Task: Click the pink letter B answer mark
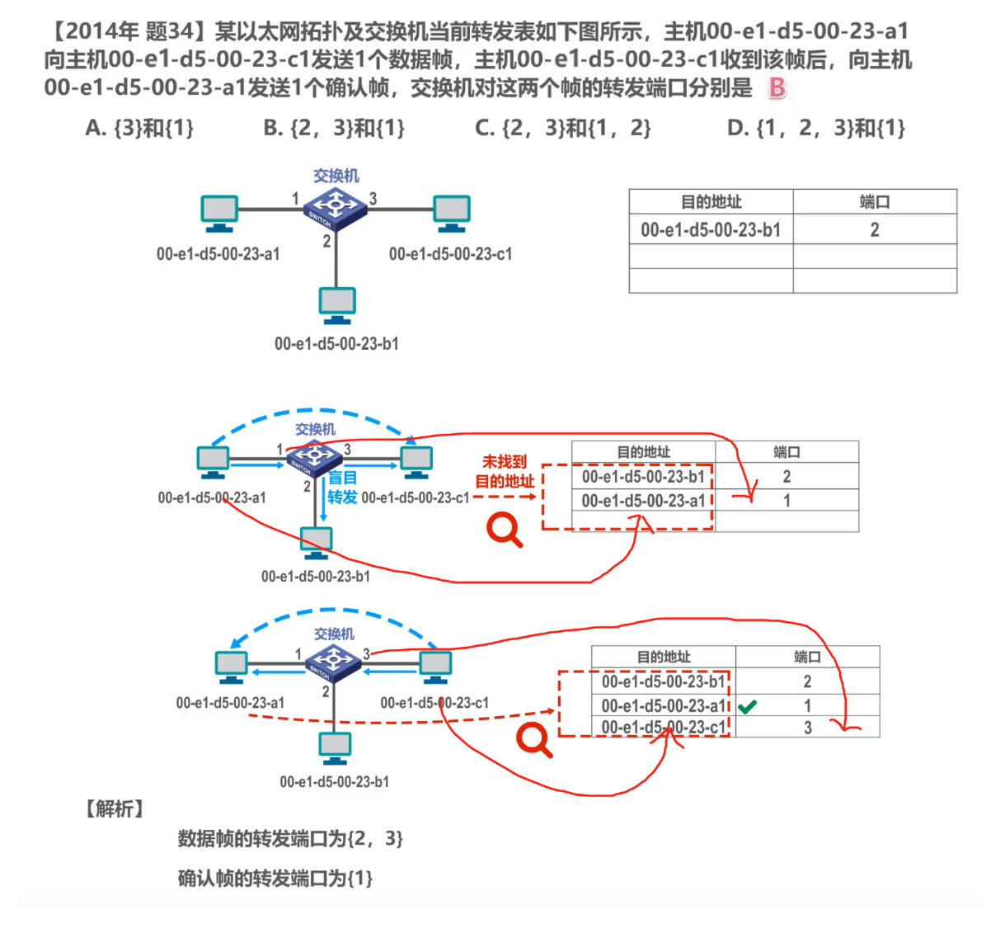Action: (777, 87)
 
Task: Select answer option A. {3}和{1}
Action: (139, 128)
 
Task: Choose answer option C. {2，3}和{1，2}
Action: (563, 128)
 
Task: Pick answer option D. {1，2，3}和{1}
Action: (816, 128)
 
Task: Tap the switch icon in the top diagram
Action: (335, 209)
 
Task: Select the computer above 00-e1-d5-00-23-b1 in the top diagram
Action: (337, 305)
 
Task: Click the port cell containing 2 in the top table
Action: (875, 229)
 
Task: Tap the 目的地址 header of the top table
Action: (711, 201)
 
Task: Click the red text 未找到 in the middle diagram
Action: (504, 461)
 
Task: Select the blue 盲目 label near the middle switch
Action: (342, 478)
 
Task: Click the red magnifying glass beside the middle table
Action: (505, 530)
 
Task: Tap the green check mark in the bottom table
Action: (747, 707)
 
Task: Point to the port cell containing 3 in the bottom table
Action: (808, 727)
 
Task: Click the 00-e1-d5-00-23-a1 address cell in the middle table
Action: (644, 500)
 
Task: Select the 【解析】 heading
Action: (115, 808)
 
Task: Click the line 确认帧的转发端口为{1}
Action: (275, 879)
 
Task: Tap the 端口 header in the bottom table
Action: (808, 657)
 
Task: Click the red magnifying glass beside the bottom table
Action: (534, 740)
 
